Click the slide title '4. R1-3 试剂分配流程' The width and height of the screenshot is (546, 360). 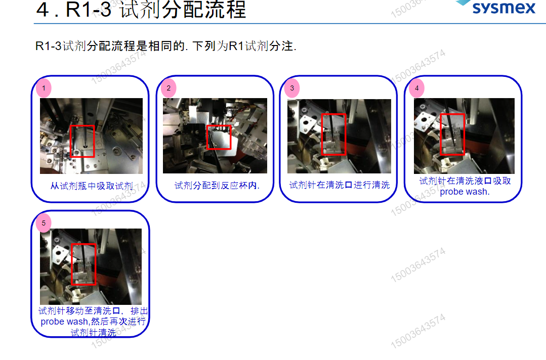pos(141,10)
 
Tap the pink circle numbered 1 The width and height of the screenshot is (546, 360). pos(44,88)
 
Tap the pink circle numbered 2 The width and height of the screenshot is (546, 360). pos(168,88)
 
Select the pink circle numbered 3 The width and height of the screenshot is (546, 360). pos(292,88)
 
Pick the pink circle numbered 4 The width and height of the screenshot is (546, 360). pos(416,88)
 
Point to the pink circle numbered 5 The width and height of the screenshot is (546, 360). pos(44,223)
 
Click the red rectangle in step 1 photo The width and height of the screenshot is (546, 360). pos(82,141)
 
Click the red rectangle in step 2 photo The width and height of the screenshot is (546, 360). pos(219,137)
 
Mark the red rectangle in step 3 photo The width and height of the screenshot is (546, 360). pos(333,134)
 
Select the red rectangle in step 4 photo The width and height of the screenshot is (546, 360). pos(452,134)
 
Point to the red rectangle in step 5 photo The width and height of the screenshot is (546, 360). pos(83,264)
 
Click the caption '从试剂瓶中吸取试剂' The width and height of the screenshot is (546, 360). pos(92,186)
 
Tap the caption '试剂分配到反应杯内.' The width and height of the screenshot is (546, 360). pos(217,186)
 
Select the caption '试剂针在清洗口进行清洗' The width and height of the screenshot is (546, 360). pos(340,185)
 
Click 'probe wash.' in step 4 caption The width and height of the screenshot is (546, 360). pos(465,192)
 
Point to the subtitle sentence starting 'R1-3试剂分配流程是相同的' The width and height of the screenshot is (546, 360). pos(165,46)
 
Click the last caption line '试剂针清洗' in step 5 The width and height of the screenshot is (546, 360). pos(94,332)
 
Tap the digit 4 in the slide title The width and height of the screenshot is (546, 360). pos(43,10)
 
